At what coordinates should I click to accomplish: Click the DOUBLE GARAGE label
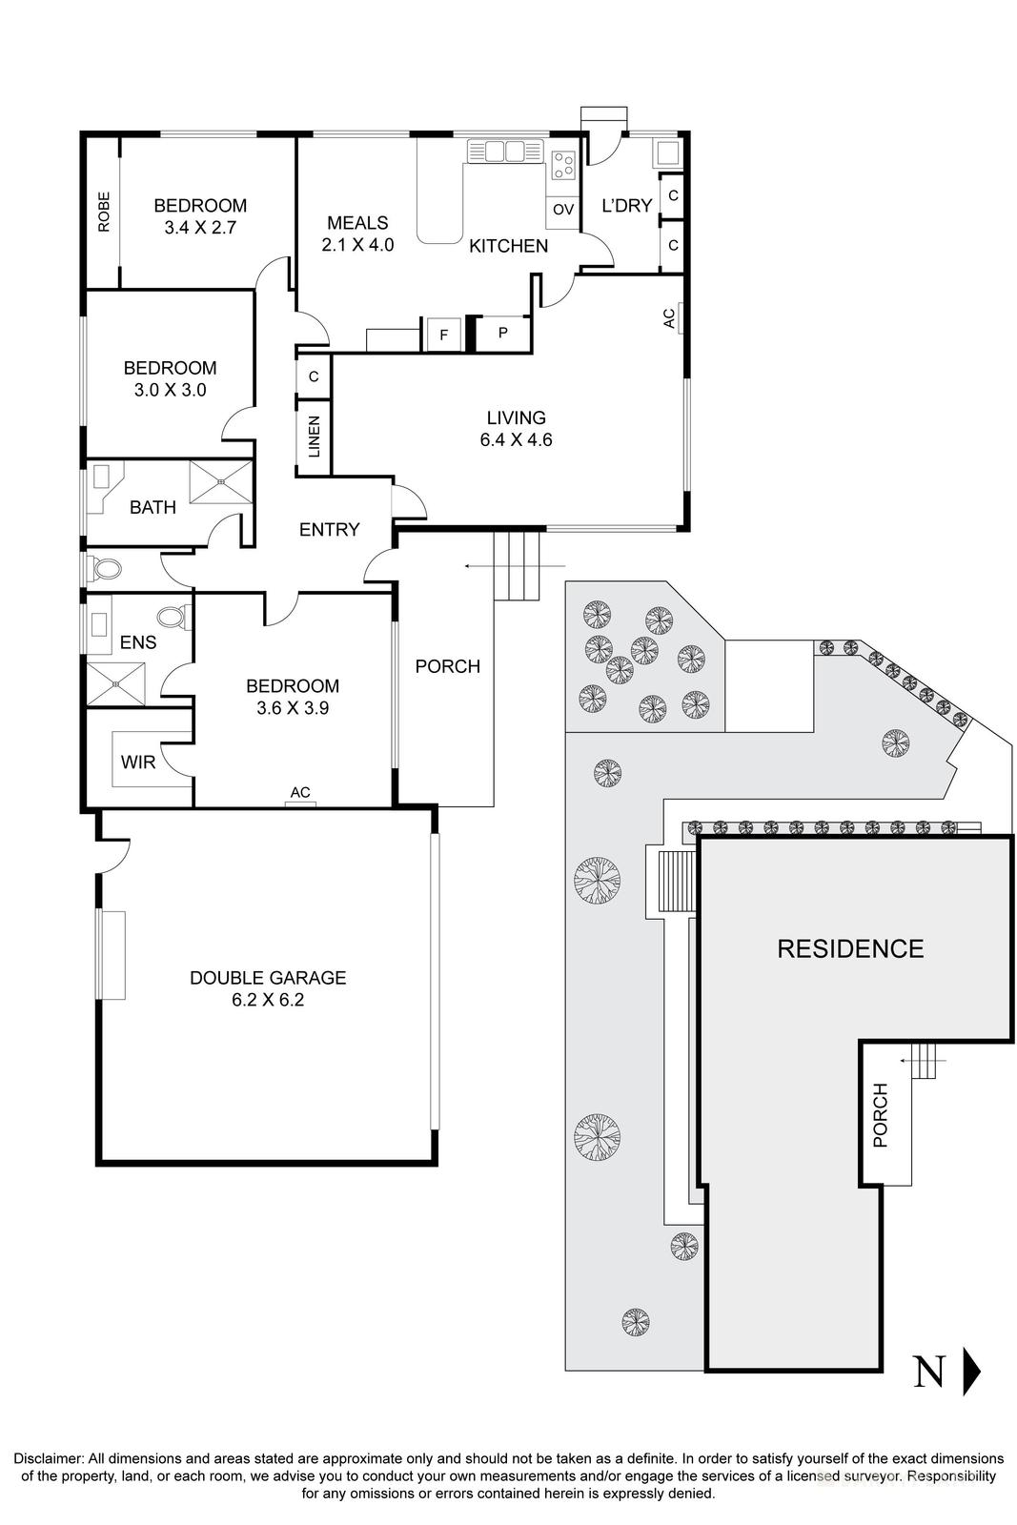pyautogui.click(x=267, y=978)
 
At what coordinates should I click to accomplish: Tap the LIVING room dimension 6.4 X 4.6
pyautogui.click(x=517, y=440)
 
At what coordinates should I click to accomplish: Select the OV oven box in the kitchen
pyautogui.click(x=563, y=210)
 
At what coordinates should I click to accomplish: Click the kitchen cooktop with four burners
pyautogui.click(x=563, y=167)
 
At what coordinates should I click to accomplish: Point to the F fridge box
pyautogui.click(x=443, y=335)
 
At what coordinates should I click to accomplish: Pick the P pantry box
pyautogui.click(x=503, y=333)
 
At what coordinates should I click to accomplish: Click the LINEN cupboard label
pyautogui.click(x=315, y=436)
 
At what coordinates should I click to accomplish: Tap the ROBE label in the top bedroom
pyautogui.click(x=103, y=212)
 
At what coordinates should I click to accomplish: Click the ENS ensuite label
pyautogui.click(x=138, y=642)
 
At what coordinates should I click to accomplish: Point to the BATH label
pyautogui.click(x=153, y=507)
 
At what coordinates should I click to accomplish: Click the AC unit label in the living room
pyautogui.click(x=669, y=317)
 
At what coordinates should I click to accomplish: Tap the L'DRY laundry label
pyautogui.click(x=626, y=205)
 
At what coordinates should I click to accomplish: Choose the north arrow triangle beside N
pyautogui.click(x=971, y=1372)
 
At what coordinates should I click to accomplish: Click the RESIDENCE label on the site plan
pyautogui.click(x=850, y=948)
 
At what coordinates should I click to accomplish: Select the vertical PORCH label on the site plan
pyautogui.click(x=880, y=1115)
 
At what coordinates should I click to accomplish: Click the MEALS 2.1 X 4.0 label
pyautogui.click(x=357, y=234)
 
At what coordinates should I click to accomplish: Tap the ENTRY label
pyautogui.click(x=329, y=529)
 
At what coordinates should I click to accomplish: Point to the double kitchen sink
pyautogui.click(x=504, y=152)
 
